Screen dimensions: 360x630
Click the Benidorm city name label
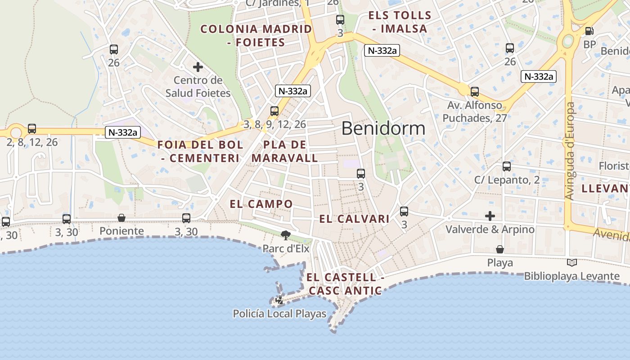383,128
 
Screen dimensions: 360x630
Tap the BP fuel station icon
589,31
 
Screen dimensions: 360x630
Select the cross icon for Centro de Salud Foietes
198,67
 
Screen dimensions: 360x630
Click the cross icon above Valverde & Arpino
490,216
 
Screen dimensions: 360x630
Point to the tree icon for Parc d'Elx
285,235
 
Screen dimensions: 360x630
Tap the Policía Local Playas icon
279,300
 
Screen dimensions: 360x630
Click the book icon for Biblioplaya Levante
571,263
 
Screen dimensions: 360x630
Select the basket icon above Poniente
121,218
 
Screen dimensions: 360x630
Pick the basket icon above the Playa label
499,249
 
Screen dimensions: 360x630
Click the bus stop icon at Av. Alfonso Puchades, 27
475,92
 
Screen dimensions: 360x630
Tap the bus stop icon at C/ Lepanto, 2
507,166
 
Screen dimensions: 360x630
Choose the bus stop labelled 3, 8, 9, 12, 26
274,111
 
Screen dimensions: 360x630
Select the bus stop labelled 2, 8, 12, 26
32,129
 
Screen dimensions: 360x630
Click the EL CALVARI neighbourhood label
354,219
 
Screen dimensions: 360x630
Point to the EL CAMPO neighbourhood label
261,204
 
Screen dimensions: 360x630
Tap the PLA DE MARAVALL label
284,152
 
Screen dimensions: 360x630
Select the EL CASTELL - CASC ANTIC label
345,284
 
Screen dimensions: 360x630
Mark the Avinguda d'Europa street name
570,151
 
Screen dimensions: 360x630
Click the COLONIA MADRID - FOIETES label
256,36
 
